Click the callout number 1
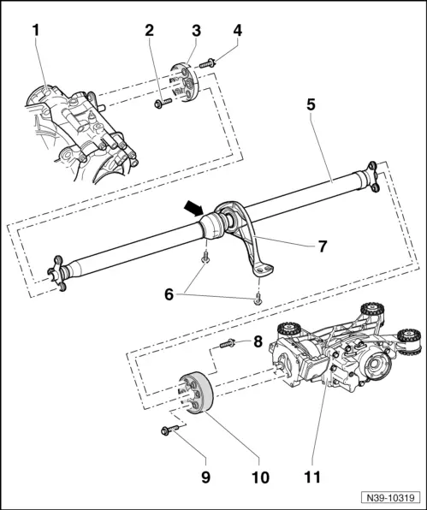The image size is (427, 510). click(36, 30)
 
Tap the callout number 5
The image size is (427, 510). click(311, 104)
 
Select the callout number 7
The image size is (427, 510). click(322, 246)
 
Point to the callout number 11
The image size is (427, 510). click(312, 477)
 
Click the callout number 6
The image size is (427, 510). click(169, 294)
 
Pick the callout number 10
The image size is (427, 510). click(260, 477)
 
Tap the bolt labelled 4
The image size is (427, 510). click(206, 63)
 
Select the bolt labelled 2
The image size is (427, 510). click(163, 104)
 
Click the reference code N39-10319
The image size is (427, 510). click(390, 498)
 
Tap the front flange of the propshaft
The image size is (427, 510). click(57, 274)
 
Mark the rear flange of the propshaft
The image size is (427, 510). click(373, 176)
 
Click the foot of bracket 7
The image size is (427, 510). click(262, 270)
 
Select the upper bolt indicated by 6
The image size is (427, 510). click(205, 257)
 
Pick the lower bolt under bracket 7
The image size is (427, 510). click(258, 299)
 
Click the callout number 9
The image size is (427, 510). click(205, 477)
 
